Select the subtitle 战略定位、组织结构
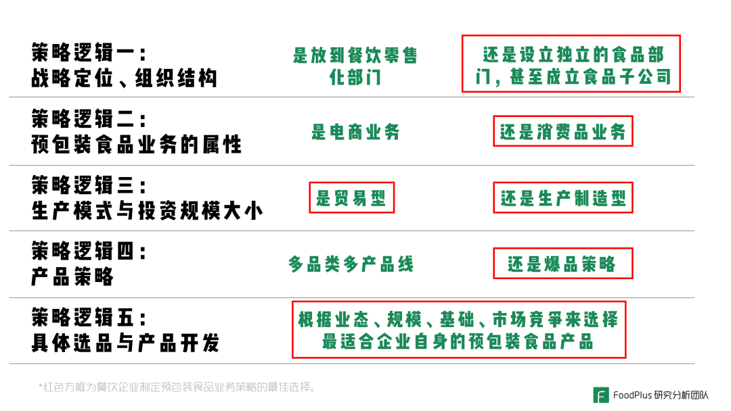pyautogui.click(x=124, y=78)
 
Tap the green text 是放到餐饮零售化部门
pyautogui.click(x=355, y=66)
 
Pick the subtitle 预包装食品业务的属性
pyautogui.click(x=136, y=144)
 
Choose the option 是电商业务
pyautogui.click(x=355, y=132)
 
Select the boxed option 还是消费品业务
pyautogui.click(x=562, y=131)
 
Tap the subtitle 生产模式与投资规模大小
pyautogui.click(x=147, y=211)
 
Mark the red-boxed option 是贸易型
pyautogui.click(x=351, y=197)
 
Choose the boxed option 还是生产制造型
pyautogui.click(x=562, y=197)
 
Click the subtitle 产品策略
pyautogui.click(x=72, y=276)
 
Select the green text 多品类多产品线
pyautogui.click(x=351, y=264)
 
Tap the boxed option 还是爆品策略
pyautogui.click(x=562, y=264)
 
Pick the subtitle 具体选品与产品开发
pyautogui.click(x=125, y=343)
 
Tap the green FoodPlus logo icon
pyautogui.click(x=601, y=395)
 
